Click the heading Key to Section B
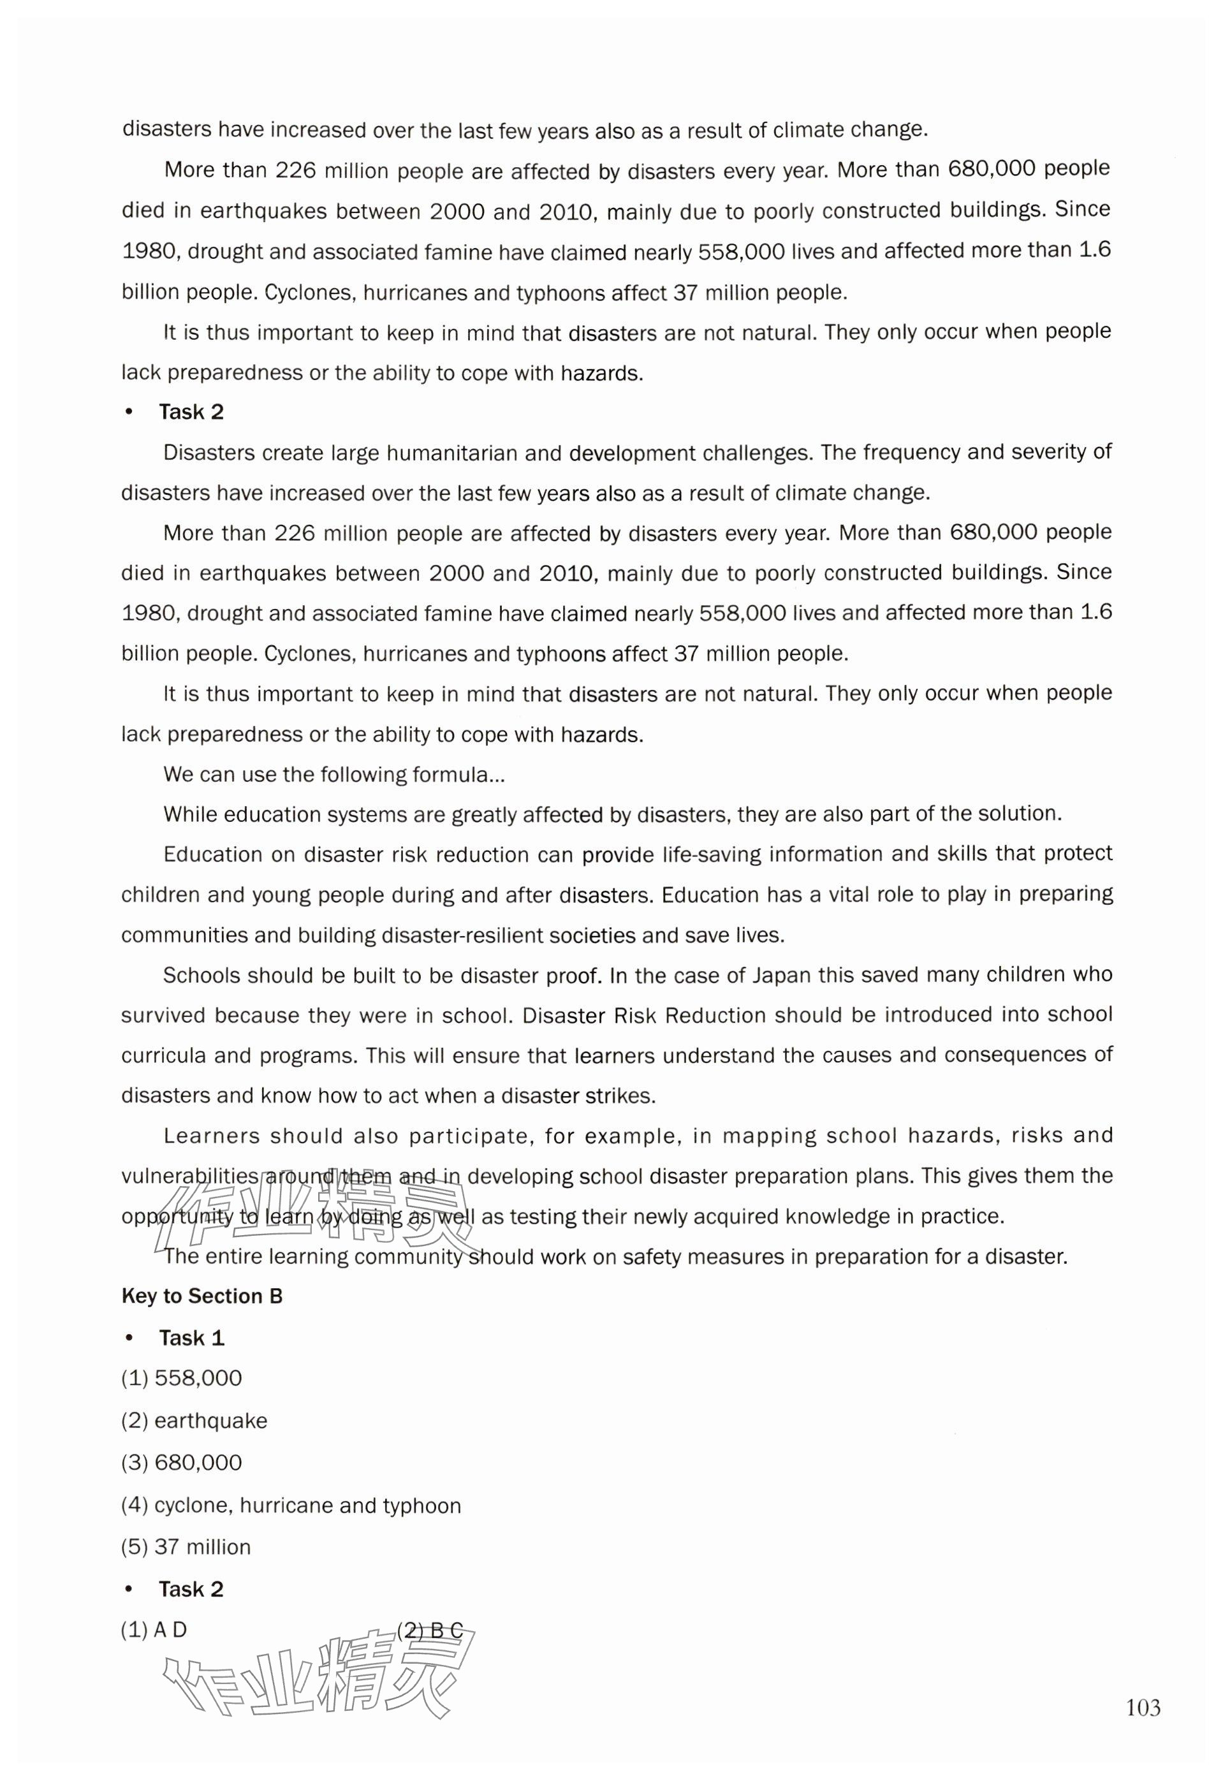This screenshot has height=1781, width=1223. [201, 1296]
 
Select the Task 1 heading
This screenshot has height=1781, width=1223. [191, 1338]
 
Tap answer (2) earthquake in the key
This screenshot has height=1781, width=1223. [194, 1420]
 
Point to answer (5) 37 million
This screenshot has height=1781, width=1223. [186, 1546]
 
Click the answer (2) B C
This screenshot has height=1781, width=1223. [430, 1630]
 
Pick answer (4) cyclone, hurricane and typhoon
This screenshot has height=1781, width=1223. [291, 1505]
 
